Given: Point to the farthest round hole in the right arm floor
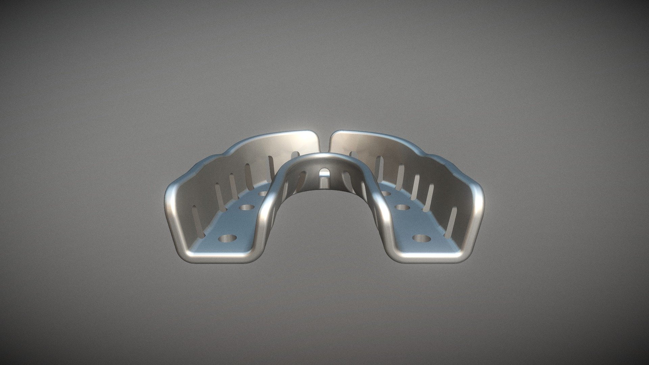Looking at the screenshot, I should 386,194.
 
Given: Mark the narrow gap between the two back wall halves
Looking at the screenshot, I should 325,144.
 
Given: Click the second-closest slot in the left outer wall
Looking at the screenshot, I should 219,196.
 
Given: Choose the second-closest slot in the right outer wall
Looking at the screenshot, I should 430,197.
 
